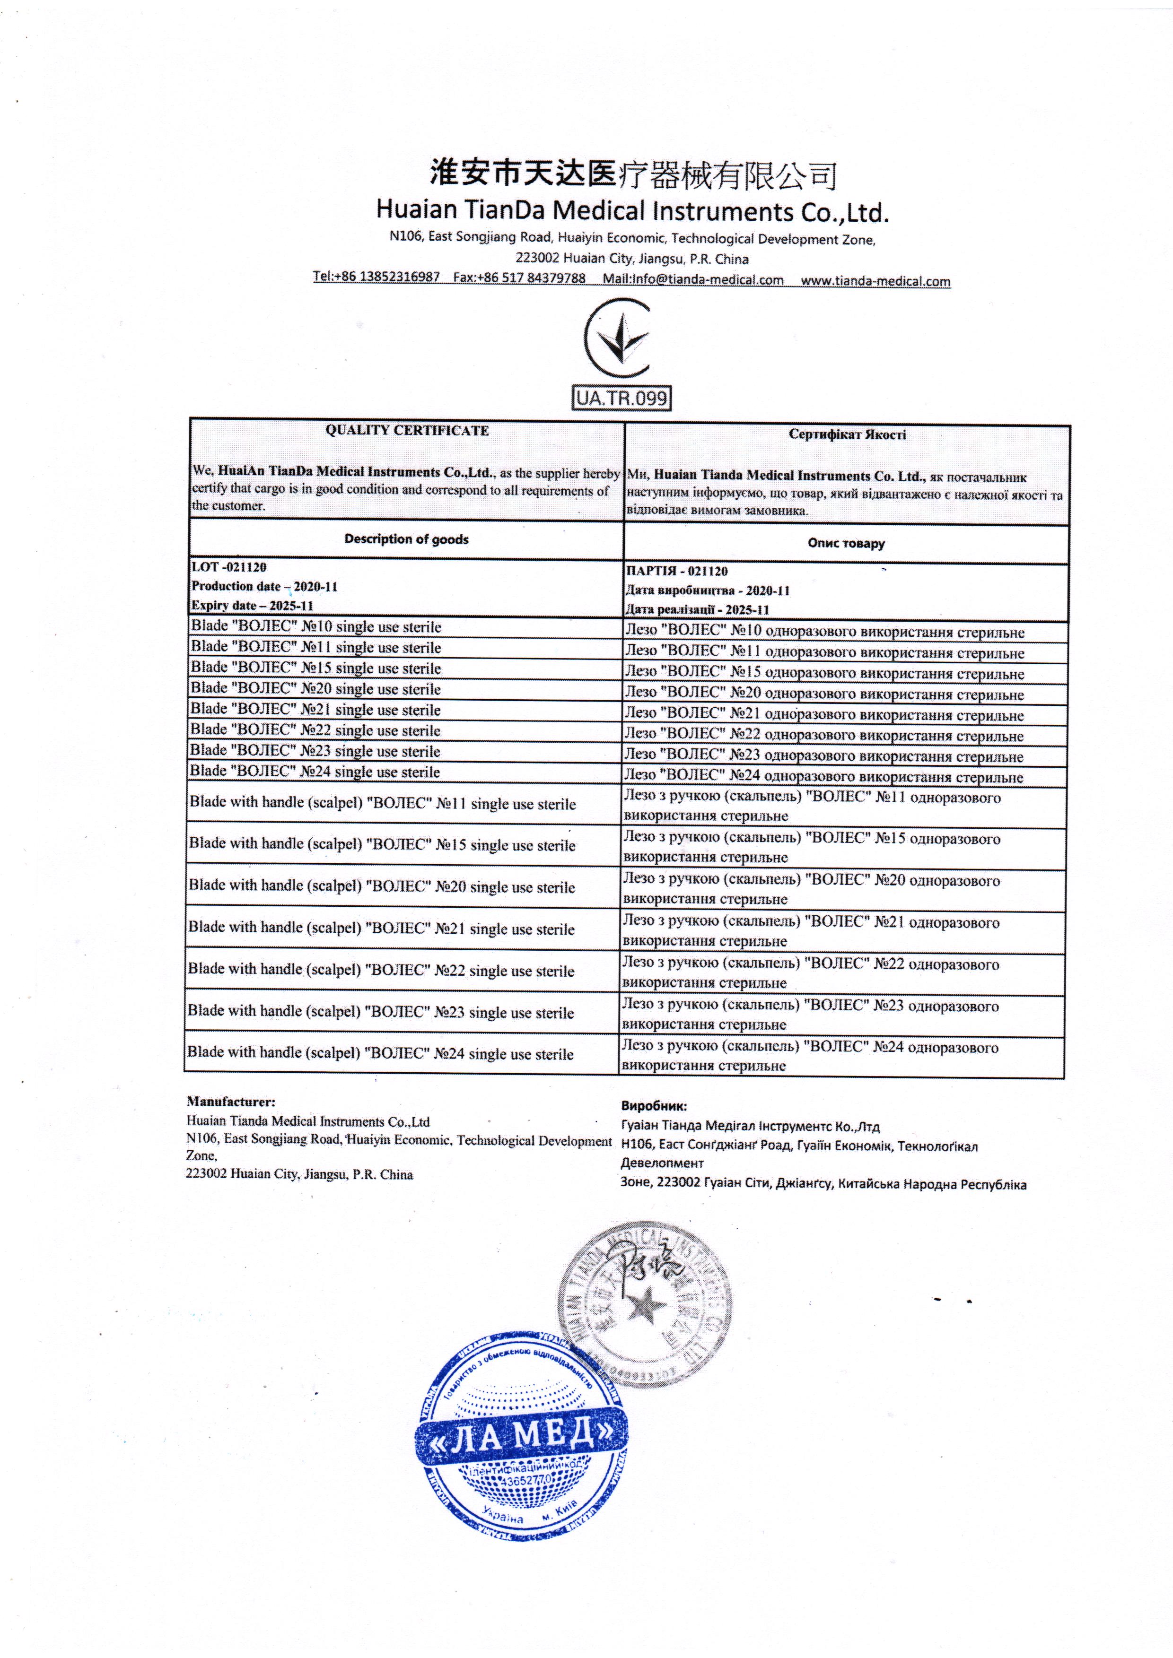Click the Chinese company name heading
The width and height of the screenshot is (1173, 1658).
coord(633,174)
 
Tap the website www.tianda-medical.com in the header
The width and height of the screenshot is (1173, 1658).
coord(875,281)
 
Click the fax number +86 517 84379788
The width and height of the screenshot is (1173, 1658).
coord(519,278)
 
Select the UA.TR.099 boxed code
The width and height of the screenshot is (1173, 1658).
coord(621,398)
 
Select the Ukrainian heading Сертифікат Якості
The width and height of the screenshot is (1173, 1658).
coord(847,435)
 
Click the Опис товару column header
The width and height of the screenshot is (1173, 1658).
coord(846,543)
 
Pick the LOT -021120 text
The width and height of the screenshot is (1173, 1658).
coord(229,568)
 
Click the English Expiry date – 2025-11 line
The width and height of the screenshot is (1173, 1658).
coord(252,606)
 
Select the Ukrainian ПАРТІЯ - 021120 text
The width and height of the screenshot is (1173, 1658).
coord(677,571)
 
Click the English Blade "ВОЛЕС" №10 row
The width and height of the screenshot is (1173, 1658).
coord(315,627)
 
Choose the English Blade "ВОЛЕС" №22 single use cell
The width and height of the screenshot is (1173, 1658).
coord(315,730)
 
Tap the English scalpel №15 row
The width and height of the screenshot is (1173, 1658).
coord(382,845)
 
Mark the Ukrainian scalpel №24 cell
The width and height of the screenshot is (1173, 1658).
coord(810,1056)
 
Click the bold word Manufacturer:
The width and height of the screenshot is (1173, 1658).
coord(231,1102)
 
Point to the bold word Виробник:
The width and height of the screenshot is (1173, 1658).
coord(654,1106)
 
